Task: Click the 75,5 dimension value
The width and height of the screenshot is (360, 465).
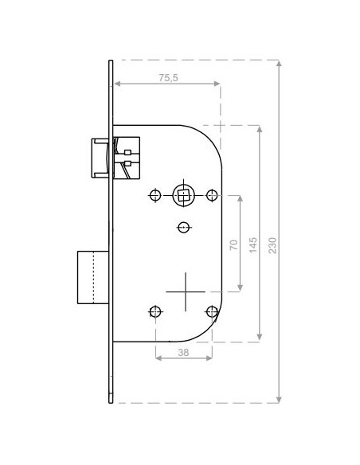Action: (x=168, y=78)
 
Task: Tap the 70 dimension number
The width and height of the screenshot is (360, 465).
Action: (x=234, y=244)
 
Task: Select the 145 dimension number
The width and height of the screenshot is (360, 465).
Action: (x=253, y=244)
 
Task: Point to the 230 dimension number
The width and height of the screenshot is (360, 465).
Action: (x=272, y=245)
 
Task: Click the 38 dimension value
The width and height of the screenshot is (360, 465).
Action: (x=183, y=352)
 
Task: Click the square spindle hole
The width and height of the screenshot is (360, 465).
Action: (x=183, y=196)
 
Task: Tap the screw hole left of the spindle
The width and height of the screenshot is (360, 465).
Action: (x=155, y=195)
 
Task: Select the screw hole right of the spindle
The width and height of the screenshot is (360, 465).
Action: (x=212, y=195)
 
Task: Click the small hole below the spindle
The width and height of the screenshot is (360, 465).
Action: (x=183, y=228)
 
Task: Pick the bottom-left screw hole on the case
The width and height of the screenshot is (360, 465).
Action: (x=155, y=311)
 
